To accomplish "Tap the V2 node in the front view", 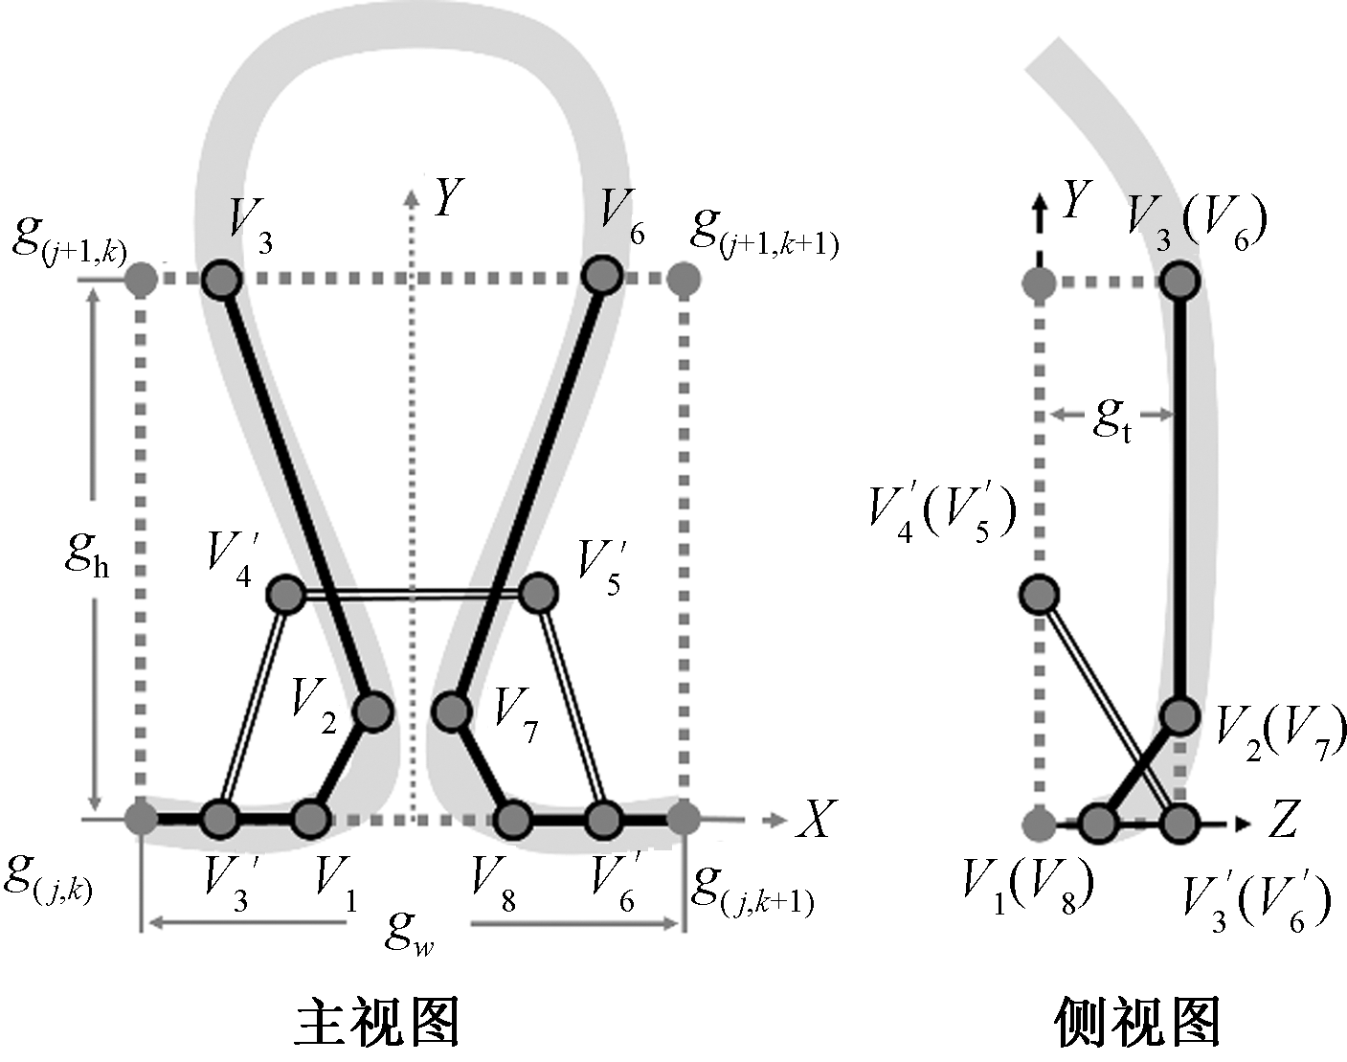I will coord(372,712).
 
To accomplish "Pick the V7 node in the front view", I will coord(451,711).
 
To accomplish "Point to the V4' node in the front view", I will coord(285,595).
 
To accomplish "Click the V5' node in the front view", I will coord(538,593).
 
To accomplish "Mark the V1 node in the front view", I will coord(310,820).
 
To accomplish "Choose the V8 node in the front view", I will coord(514,820).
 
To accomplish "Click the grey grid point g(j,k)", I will coord(142,819).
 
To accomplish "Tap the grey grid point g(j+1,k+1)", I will coord(684,280).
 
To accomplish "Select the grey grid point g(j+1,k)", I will coord(142,280).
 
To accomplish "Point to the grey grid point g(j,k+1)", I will coord(684,819).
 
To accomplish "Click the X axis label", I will coord(815,820).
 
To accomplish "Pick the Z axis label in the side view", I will coord(1283,822).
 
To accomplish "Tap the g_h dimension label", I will coord(86,554).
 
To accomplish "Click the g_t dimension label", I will coord(1112,418).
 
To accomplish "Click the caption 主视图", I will coord(376,1023).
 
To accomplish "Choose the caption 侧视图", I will coord(1137,1023).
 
